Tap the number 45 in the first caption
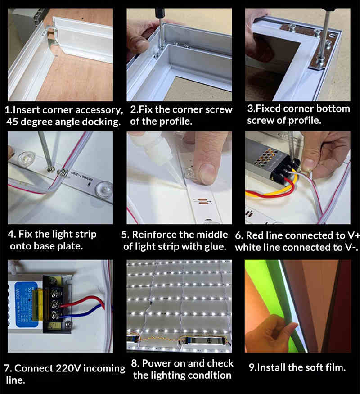pos(12,122)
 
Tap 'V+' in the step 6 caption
pos(354,235)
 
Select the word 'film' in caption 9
pos(335,367)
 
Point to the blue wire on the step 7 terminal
pos(83,313)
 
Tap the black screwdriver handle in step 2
pos(159,14)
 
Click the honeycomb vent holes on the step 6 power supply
pos(266,155)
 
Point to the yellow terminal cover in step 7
pos(39,304)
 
